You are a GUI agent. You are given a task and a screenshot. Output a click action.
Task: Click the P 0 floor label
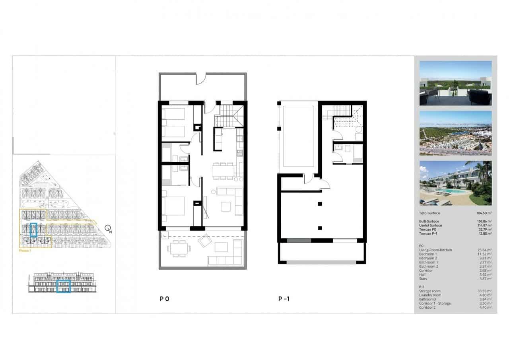coord(165,298)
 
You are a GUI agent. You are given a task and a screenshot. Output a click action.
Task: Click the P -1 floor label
coord(284,298)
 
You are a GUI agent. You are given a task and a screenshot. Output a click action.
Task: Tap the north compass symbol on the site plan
coord(108,228)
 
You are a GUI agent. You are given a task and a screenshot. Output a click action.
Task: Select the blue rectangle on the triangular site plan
coord(33,230)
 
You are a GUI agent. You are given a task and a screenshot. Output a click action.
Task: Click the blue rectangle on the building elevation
coord(64,286)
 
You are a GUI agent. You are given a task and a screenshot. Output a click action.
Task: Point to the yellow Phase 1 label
coord(25,251)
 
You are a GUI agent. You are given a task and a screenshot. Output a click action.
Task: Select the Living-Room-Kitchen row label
coord(435,250)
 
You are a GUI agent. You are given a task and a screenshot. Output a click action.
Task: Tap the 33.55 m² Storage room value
coord(484,291)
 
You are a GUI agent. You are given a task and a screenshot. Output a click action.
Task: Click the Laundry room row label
coord(430,295)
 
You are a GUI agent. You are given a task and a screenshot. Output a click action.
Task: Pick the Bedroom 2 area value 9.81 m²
coord(485,258)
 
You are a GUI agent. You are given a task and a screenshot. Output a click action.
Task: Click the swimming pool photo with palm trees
coord(455,183)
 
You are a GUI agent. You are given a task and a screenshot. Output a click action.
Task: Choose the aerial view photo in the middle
coord(455,133)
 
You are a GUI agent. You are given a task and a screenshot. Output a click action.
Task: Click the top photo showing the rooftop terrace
coord(455,83)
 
